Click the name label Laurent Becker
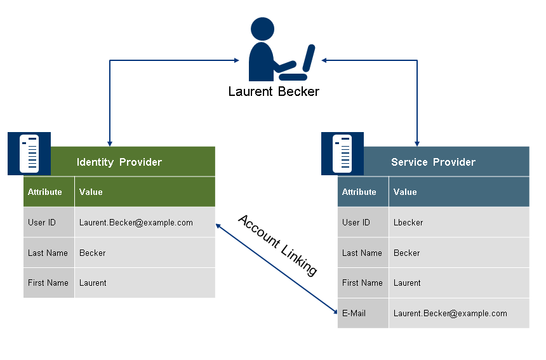274,91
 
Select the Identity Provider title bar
119,162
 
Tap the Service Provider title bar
433,162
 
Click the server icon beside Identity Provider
29,153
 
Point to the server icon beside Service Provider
342,153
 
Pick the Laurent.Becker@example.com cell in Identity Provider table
136,222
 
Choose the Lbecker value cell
408,222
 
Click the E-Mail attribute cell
354,313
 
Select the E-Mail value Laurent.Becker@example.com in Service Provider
450,313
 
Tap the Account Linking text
277,244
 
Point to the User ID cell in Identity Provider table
42,222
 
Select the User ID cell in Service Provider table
356,222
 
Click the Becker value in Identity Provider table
93,253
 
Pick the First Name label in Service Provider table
363,283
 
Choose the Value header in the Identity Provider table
91,192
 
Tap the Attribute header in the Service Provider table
359,192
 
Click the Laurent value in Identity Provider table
93,283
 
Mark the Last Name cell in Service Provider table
362,253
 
